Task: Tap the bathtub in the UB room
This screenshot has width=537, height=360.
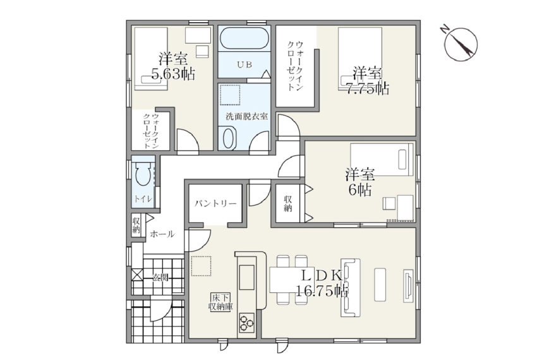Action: (244, 39)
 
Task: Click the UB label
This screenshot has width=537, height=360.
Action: (244, 64)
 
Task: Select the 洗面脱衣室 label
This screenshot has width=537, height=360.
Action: (246, 116)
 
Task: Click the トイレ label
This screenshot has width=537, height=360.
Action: (143, 199)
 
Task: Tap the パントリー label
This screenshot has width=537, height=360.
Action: (215, 204)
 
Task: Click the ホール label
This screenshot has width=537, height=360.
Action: (162, 234)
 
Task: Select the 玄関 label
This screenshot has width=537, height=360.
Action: (160, 277)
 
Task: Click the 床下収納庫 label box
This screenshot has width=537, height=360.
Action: (220, 302)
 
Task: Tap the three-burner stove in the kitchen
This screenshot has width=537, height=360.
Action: (246, 323)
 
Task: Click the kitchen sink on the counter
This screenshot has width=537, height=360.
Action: (246, 277)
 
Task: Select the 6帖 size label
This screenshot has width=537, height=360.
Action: (360, 190)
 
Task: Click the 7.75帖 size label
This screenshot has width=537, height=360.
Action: (368, 88)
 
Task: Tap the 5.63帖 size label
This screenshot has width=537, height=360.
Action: (173, 74)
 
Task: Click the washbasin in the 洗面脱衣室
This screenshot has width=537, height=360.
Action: (227, 138)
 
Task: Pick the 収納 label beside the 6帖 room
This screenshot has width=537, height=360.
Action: (287, 203)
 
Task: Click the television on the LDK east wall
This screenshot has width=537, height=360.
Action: (408, 285)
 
